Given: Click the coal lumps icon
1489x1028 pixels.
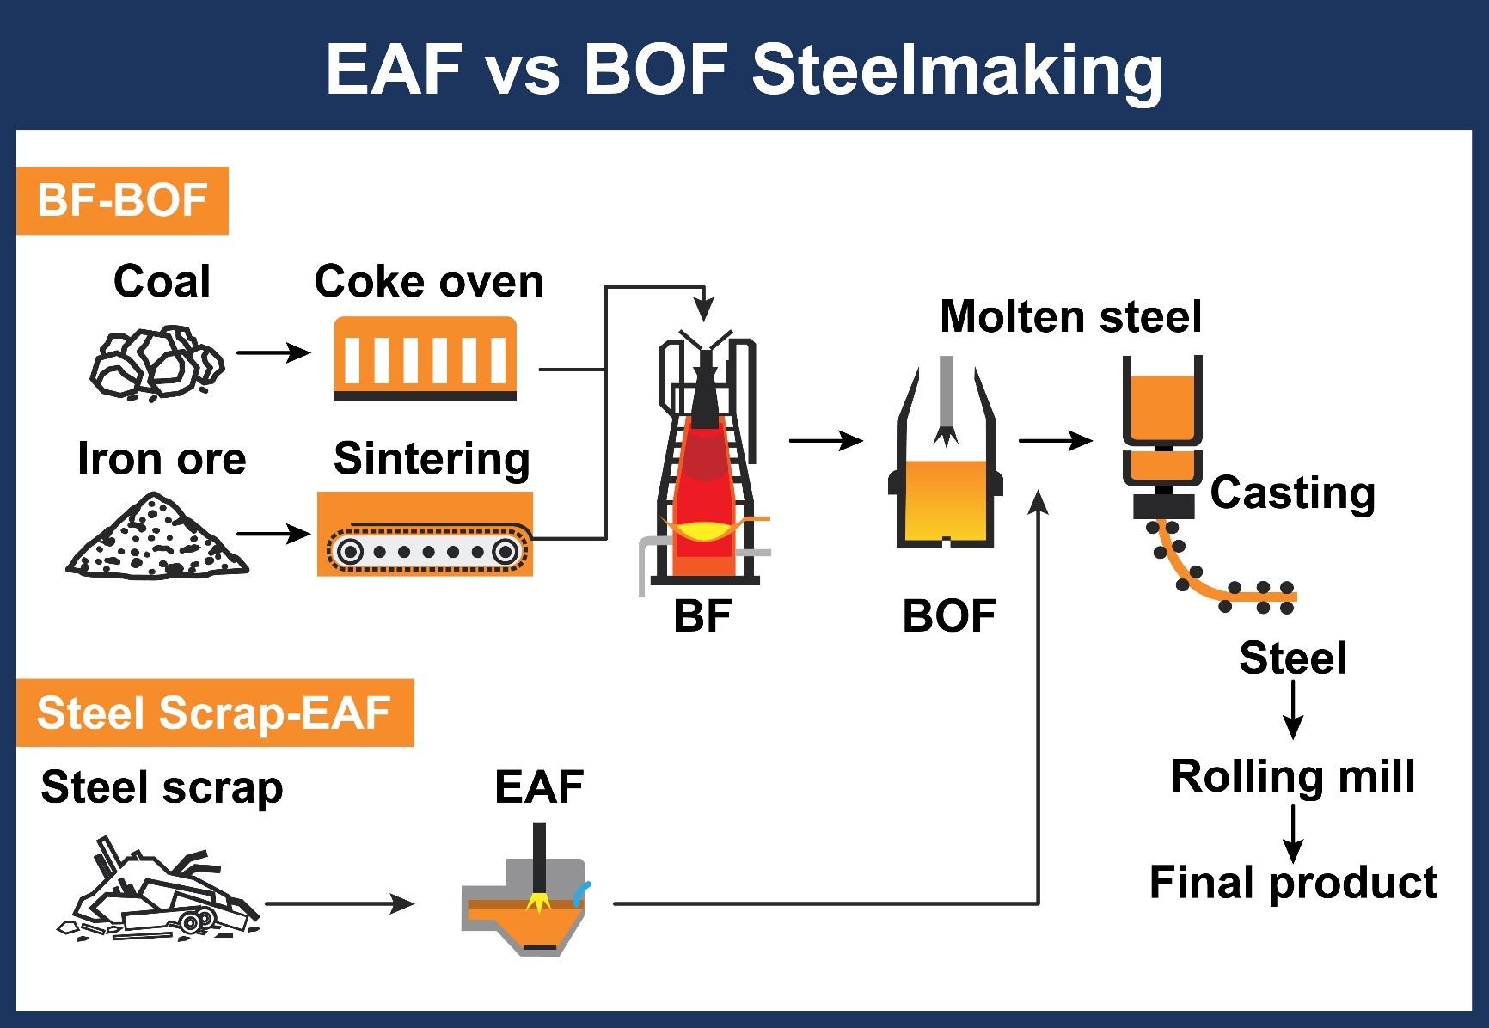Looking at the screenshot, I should coord(156,363).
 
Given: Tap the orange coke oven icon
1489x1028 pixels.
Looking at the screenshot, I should coord(426,358).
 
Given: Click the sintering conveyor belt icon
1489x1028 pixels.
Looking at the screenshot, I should coord(426,535).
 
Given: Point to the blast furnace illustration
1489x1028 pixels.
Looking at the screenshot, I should coord(705,468).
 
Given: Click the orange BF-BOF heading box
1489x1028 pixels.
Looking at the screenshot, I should coord(122,200).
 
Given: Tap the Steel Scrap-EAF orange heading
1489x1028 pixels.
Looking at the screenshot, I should coord(215,713).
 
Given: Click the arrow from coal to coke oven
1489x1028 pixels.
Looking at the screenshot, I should coord(273,352).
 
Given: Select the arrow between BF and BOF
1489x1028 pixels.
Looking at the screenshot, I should coord(825,441).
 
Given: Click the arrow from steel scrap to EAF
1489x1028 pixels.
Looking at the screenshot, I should coord(340,903).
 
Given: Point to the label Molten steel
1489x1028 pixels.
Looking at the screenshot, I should coord(1070,316).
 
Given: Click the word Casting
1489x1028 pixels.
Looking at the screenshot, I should coord(1292,493).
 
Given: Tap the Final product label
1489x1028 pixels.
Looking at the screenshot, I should coord(1293,883).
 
